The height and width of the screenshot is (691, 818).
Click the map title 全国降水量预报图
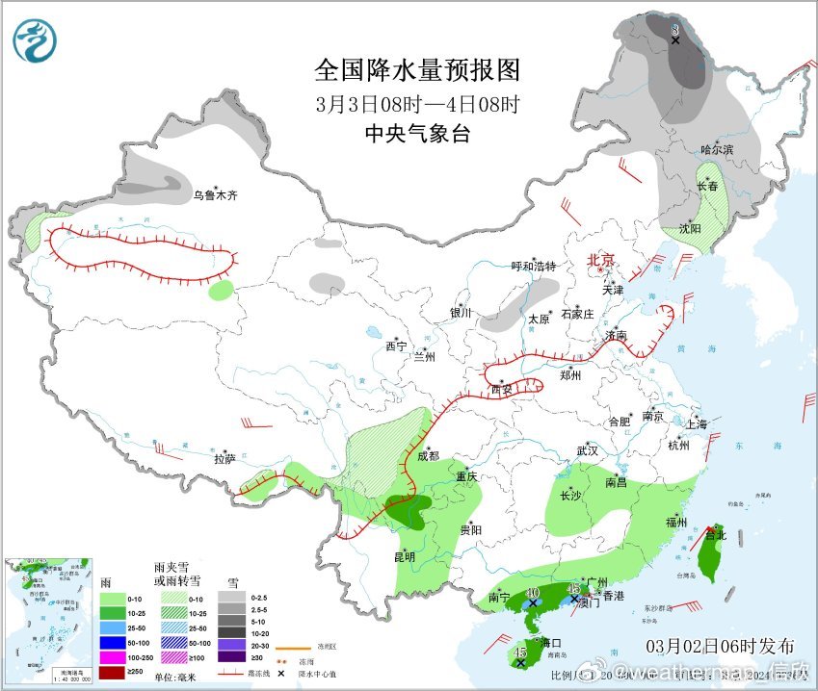coord(417,70)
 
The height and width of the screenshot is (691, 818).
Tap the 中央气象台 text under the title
coord(417,134)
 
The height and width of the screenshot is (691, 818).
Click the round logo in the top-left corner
coord(36,40)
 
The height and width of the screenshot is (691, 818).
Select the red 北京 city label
coord(600,260)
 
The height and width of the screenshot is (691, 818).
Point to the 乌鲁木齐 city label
coord(214,195)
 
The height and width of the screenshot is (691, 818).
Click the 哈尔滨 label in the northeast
coord(717,149)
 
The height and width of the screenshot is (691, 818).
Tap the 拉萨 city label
coord(224,459)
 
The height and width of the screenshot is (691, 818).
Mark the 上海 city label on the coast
coord(697,423)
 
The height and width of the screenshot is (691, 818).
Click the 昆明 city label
coord(404,556)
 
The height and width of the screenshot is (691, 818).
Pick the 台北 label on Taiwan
coord(714,533)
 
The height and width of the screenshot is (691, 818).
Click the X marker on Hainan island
coord(520,662)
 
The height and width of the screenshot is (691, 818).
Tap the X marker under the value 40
coord(532,603)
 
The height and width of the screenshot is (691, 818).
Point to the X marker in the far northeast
coord(675,39)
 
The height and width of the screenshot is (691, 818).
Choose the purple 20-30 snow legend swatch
coord(232,642)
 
